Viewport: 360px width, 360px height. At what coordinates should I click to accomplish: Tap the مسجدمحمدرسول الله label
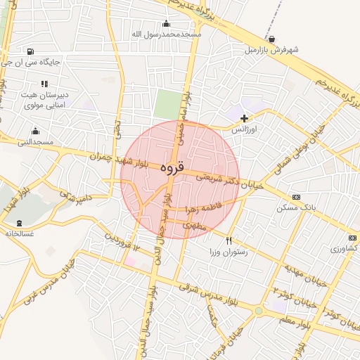tap(167, 34)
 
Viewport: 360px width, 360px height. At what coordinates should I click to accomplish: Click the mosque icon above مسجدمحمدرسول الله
tap(166, 23)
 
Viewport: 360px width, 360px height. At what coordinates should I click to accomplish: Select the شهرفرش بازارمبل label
tap(272, 50)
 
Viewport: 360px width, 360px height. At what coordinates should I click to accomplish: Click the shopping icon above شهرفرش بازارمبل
tap(272, 39)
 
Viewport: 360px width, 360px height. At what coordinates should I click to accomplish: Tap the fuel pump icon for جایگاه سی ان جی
tap(30, 51)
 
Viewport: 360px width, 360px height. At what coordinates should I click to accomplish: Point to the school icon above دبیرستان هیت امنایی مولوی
tap(45, 84)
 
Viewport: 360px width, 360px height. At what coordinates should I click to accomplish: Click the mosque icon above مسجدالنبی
tap(36, 131)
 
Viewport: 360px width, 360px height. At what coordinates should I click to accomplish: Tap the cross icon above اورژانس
tap(244, 118)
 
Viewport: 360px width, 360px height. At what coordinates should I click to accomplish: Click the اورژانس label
tap(245, 129)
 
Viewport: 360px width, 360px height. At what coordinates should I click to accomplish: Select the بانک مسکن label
tap(296, 208)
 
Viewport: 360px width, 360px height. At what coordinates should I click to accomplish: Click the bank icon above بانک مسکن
tap(296, 197)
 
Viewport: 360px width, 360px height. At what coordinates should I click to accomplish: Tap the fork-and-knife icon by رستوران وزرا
tap(229, 240)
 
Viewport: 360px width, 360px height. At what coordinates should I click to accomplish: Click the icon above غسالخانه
tap(19, 224)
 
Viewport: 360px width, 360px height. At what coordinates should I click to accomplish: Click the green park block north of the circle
tap(167, 105)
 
